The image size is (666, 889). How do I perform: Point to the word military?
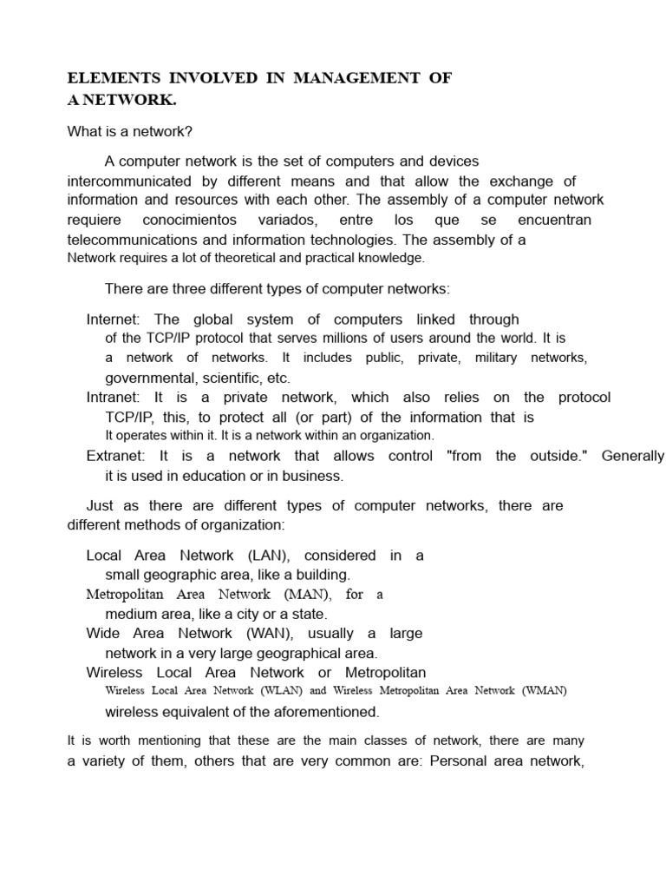[496, 358]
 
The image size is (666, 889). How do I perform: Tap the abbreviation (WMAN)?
[544, 691]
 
